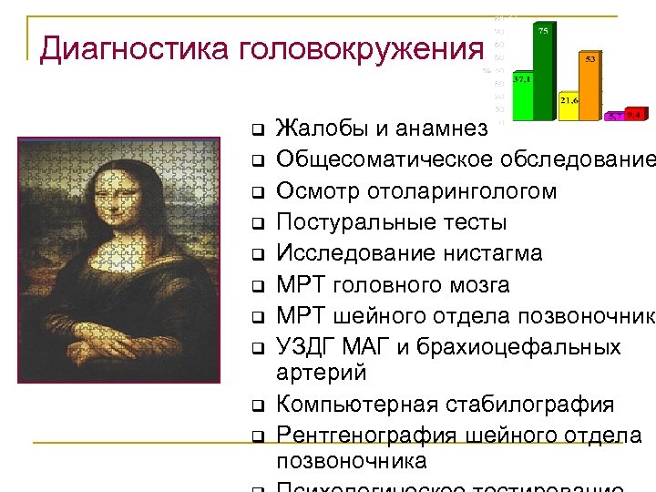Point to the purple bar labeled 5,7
pyautogui.click(x=616, y=117)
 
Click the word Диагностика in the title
pyautogui.click(x=135, y=48)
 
